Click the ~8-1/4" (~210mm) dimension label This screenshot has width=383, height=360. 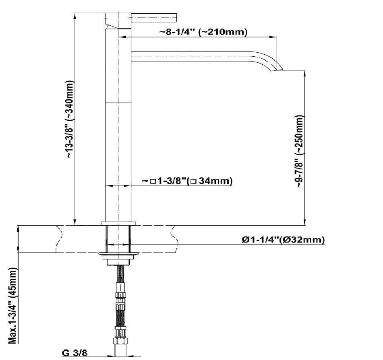[203, 32]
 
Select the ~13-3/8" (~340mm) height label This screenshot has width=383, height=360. [70, 119]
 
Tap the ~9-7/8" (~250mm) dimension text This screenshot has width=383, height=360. [300, 151]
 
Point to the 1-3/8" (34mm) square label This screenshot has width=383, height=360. [187, 181]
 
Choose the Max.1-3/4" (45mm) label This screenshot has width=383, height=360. [13, 306]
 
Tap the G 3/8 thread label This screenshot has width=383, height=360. [75, 353]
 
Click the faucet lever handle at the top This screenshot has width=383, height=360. [154, 18]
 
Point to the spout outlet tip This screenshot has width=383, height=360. [277, 70]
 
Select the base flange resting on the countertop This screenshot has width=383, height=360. [118, 223]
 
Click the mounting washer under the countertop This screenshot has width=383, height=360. [118, 254]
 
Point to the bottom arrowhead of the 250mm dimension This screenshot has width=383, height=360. [305, 222]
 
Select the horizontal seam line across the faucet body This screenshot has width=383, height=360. [118, 103]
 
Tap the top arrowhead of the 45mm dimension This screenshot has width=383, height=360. [18, 230]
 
